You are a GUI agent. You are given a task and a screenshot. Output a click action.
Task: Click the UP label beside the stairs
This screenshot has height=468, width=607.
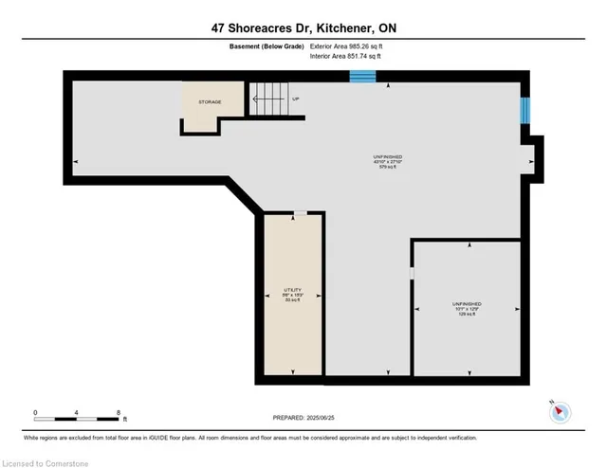tap(295, 99)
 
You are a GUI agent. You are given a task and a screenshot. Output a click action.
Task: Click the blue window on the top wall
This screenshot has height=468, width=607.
tap(363, 75)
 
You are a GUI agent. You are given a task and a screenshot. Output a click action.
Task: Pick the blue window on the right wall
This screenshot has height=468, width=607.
tap(524, 112)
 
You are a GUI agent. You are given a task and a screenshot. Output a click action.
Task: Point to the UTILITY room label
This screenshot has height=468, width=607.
tap(292, 289)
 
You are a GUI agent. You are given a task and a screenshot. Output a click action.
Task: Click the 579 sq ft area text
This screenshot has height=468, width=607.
tap(388, 168)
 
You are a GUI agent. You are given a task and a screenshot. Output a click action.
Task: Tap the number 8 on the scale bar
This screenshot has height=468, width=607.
tap(118, 412)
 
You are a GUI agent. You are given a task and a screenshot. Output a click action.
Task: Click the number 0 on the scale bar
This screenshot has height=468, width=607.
tap(35, 412)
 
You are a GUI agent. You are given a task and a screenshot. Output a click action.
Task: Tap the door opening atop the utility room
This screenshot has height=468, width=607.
tap(300, 213)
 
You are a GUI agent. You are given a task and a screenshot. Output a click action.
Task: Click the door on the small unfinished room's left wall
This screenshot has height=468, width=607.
tap(412, 274)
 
